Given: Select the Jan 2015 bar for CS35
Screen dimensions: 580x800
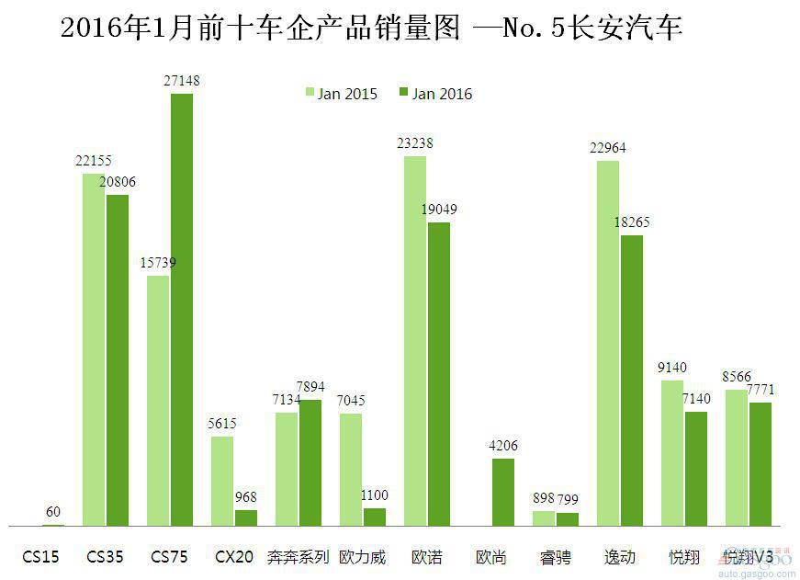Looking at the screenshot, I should click(x=94, y=349).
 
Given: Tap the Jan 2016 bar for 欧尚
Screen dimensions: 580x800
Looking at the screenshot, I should click(x=503, y=492).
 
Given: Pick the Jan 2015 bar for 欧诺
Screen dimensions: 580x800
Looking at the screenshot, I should click(x=415, y=341).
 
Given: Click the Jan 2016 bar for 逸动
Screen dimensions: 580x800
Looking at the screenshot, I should click(x=632, y=381).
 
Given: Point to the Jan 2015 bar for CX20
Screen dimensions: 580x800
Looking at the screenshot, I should click(x=222, y=481).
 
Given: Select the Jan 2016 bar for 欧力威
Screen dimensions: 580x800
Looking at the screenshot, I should click(x=375, y=517).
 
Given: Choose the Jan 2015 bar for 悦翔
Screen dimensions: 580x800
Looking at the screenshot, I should click(x=672, y=452).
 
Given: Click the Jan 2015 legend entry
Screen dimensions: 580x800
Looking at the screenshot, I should click(x=341, y=94).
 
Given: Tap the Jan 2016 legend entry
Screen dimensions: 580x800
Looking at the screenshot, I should click(x=435, y=94).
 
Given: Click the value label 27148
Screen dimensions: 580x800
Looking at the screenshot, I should click(x=181, y=81).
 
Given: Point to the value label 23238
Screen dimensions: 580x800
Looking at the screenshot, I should click(x=414, y=143).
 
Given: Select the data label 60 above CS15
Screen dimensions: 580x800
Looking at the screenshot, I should click(x=53, y=511).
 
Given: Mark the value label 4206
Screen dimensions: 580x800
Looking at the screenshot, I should click(x=503, y=446).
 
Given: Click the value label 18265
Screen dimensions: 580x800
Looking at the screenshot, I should click(x=632, y=222).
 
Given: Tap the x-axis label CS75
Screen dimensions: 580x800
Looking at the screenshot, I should click(x=169, y=557).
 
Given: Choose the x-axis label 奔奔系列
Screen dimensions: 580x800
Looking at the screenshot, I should click(x=298, y=557).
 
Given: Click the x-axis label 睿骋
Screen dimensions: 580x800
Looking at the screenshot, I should click(x=555, y=557).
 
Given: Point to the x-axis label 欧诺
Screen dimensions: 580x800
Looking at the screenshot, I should click(x=426, y=557).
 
